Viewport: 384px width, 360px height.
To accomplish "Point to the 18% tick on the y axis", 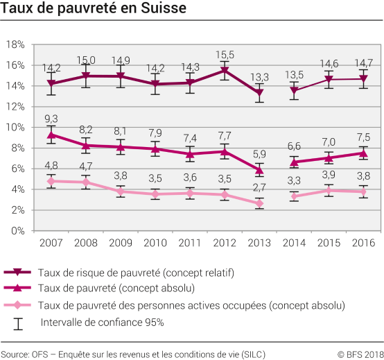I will (15, 44).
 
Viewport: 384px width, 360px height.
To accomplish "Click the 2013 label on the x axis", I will (259, 243).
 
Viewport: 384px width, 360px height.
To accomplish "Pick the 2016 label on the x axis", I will (363, 243).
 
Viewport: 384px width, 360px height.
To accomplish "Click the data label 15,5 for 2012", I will (224, 55).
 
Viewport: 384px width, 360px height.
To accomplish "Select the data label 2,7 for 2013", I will (259, 188).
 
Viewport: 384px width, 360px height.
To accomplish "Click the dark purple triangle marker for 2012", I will (224, 70).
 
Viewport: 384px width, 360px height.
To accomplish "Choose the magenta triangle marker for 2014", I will (294, 162).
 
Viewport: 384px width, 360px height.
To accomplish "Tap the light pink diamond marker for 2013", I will (259, 203).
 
